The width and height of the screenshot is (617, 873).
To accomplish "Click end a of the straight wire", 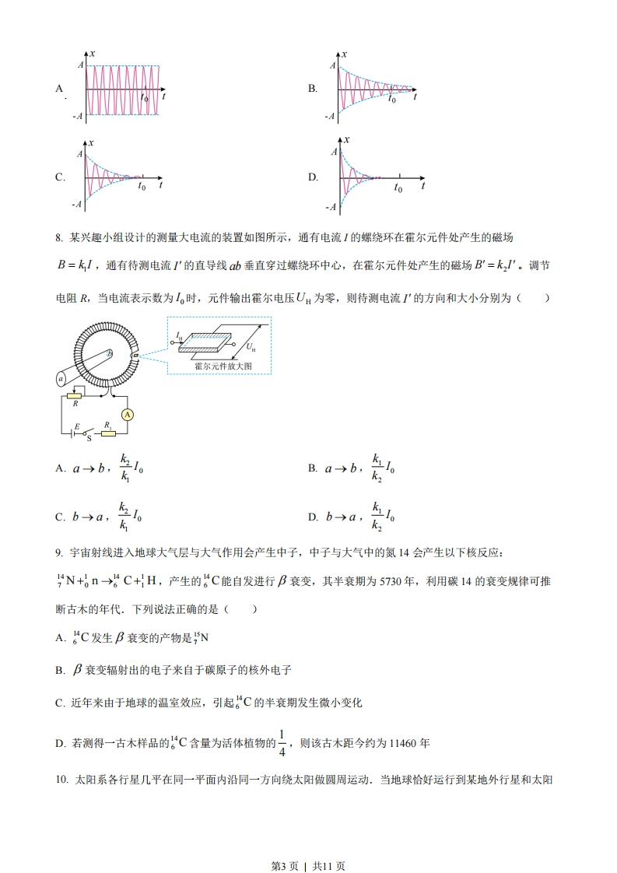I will [x=60, y=379].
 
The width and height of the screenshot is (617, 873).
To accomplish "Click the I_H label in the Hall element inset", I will [x=179, y=336].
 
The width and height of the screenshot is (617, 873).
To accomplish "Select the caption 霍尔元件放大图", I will [x=218, y=366].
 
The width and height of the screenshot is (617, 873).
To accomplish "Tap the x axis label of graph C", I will [x=92, y=142].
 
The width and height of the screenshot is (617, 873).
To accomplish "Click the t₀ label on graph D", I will [x=398, y=188].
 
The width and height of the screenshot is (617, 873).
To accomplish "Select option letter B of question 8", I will [x=313, y=468].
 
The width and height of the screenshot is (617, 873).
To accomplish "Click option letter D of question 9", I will [x=59, y=744].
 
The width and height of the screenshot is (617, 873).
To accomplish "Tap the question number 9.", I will [x=58, y=553].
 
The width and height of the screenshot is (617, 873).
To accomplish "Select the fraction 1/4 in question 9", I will [x=282, y=742].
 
